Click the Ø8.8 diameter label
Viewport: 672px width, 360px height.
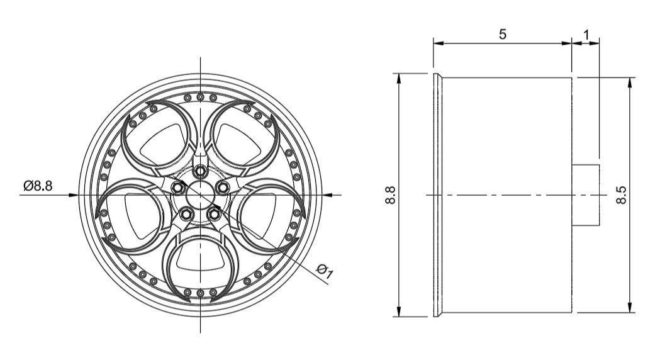tap(38, 186)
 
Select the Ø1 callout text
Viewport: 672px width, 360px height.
tap(325, 271)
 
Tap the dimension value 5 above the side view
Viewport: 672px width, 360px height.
tap(502, 34)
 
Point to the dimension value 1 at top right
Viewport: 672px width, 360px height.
tap(586, 34)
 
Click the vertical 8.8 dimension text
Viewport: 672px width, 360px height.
tap(390, 195)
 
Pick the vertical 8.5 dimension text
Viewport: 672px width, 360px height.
tap(621, 195)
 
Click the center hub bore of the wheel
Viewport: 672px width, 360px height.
tap(200, 195)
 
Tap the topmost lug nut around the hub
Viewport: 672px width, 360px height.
tap(200, 172)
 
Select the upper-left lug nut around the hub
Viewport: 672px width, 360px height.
tap(177, 188)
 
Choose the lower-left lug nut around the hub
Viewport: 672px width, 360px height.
tap(186, 213)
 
